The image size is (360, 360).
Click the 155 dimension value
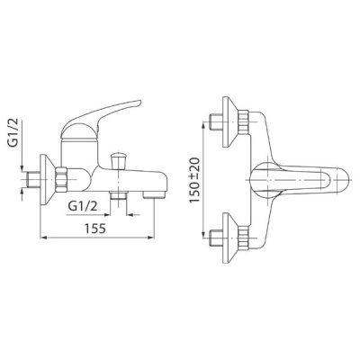point(95,229)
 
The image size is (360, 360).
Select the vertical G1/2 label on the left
point(13,132)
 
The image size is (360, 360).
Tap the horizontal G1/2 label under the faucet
point(83,206)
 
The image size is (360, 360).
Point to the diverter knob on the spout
point(118,161)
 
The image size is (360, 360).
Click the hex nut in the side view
point(61,179)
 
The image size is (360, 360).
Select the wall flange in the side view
point(47,180)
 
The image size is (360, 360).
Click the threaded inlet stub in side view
point(32,180)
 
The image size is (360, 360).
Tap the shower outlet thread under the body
point(118,196)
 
